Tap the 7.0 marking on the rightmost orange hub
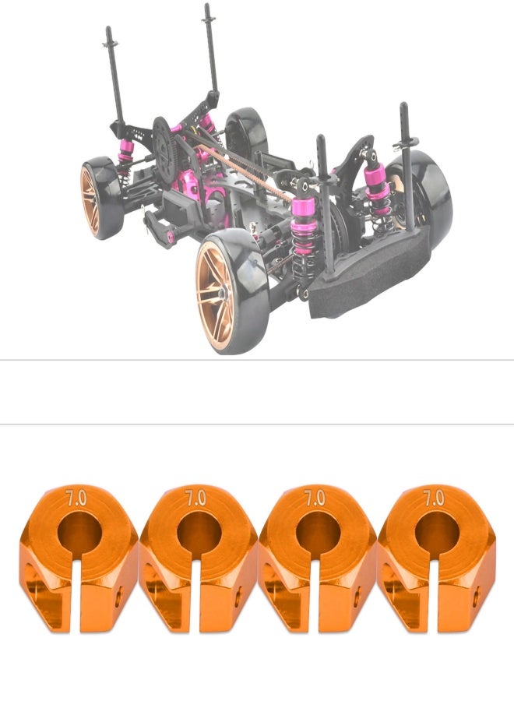pyautogui.click(x=434, y=498)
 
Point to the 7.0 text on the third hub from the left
pyautogui.click(x=315, y=498)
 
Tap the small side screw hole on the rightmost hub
pyautogui.click(x=476, y=597)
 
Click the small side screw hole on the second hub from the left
pyautogui.click(x=238, y=597)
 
